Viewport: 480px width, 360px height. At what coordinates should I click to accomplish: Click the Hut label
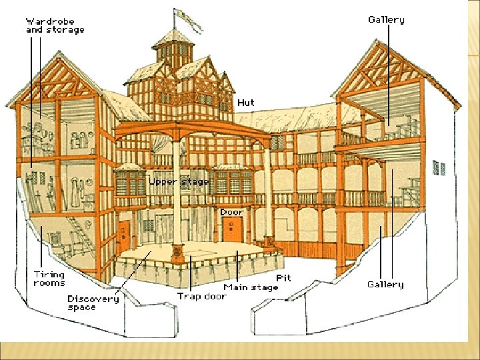(x=246, y=103)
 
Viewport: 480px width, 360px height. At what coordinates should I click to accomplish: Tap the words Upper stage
(x=179, y=181)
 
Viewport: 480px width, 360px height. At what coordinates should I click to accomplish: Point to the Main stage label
(x=251, y=287)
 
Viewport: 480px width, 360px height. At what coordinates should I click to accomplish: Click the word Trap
(x=189, y=296)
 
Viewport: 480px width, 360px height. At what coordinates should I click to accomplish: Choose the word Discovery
(x=93, y=299)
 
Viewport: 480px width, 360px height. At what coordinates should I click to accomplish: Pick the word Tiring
(x=49, y=275)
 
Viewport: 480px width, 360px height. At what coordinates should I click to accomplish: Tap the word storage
(x=65, y=30)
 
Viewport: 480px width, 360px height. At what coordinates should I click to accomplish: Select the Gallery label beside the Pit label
(x=386, y=285)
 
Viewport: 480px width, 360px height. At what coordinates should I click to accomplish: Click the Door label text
(x=233, y=212)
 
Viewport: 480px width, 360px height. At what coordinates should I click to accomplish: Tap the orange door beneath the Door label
(x=231, y=231)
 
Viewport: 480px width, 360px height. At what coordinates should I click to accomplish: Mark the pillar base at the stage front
(x=177, y=253)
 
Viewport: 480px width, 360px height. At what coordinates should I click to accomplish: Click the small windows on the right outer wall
(x=438, y=168)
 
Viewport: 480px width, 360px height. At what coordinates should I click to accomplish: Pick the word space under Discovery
(x=83, y=307)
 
